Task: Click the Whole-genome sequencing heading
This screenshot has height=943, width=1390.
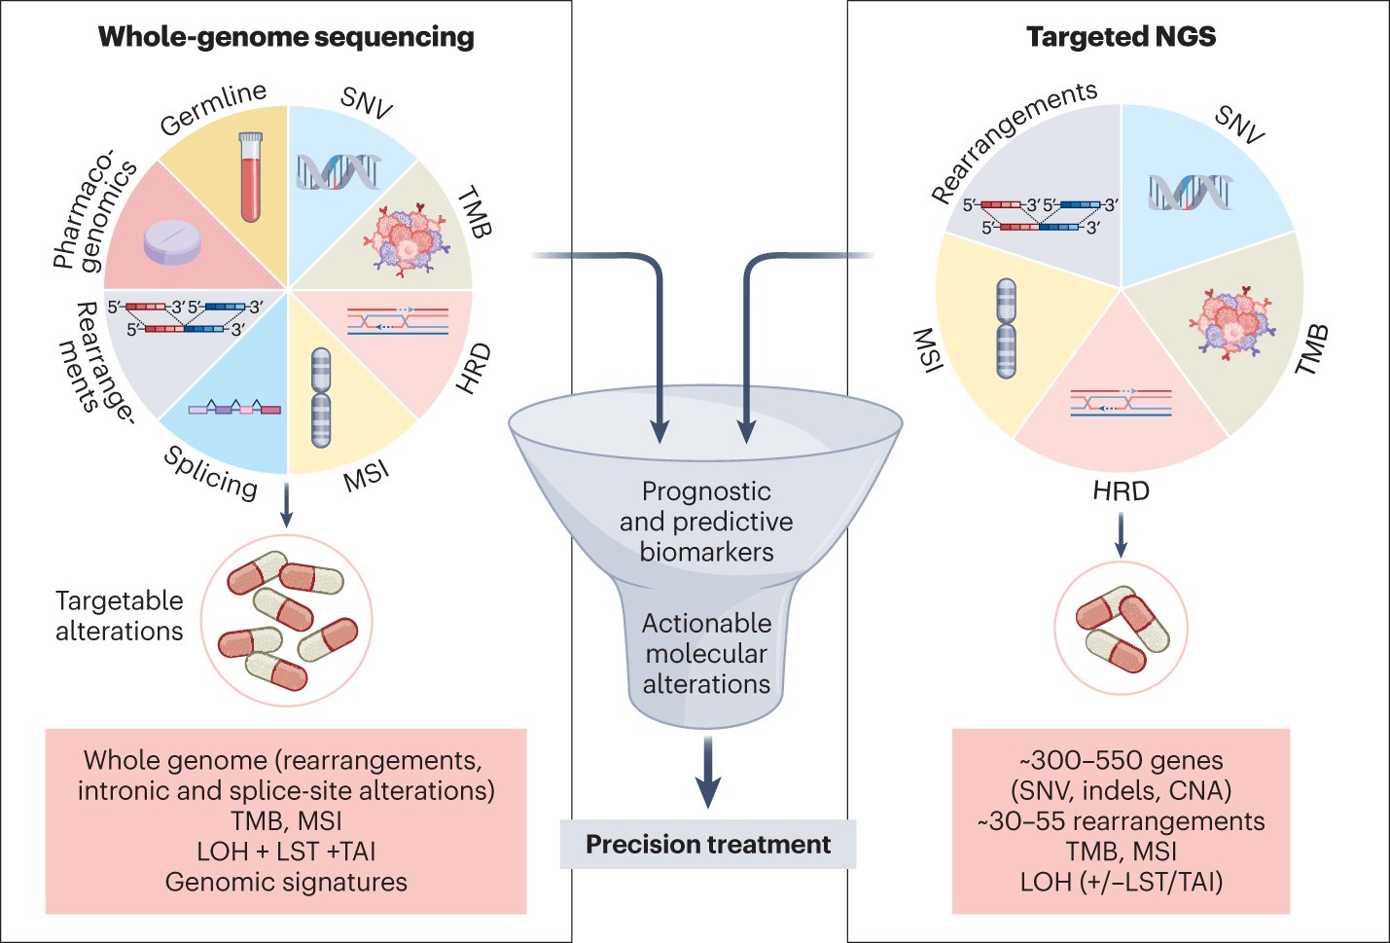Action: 286,37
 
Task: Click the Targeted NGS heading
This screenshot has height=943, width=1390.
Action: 1121,37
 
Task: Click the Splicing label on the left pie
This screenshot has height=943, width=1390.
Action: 210,472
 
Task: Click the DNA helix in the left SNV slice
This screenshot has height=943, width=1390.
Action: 338,172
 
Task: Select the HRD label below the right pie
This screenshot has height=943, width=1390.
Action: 1121,490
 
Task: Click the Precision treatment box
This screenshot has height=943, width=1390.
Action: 707,844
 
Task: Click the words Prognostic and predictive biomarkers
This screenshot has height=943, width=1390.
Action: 706,522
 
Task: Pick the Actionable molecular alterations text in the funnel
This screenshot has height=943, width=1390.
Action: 706,653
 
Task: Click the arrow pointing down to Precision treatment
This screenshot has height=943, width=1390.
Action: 707,774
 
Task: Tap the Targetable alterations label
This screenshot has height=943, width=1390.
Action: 119,615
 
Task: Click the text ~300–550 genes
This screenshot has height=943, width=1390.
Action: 1121,760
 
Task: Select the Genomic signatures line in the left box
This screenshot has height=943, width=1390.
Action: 286,882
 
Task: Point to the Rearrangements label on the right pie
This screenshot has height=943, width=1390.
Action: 1012,142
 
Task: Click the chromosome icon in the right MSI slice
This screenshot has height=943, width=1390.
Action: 1007,328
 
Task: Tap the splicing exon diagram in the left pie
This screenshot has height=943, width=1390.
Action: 234,409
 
